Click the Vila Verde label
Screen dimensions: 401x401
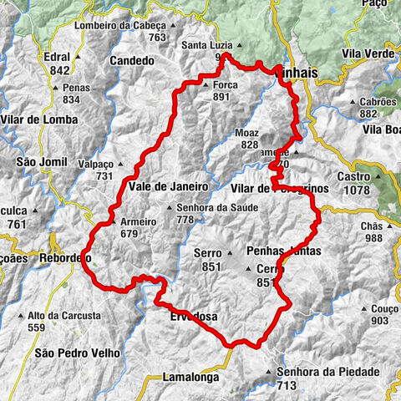click(368, 53)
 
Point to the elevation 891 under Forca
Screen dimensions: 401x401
click(221, 97)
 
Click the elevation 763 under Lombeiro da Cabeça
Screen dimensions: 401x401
click(157, 38)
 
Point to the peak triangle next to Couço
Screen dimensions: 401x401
click(364, 309)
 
